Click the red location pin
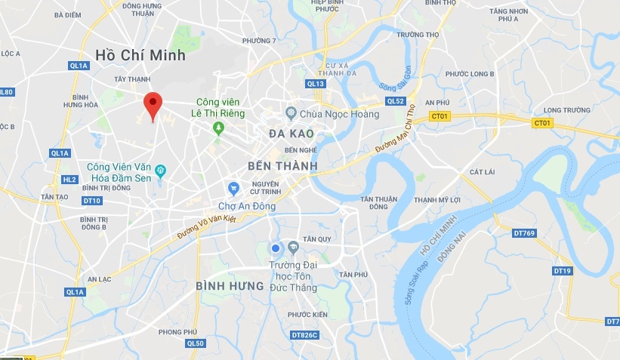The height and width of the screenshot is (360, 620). (x=153, y=104)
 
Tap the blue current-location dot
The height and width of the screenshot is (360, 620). (x=276, y=248)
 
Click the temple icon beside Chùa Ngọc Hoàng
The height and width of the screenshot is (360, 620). (x=291, y=113)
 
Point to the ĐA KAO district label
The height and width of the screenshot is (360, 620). (x=291, y=134)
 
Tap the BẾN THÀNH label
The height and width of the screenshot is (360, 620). (x=282, y=165)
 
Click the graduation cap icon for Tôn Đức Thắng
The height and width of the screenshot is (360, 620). (x=293, y=246)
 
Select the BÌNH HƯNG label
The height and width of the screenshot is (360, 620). (x=230, y=286)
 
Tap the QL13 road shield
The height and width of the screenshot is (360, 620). (x=315, y=84)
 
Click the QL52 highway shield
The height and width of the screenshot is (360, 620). (x=395, y=101)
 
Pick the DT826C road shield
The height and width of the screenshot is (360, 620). (x=304, y=334)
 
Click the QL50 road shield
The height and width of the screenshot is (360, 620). (x=195, y=343)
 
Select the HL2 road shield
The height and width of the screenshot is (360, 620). (x=69, y=180)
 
